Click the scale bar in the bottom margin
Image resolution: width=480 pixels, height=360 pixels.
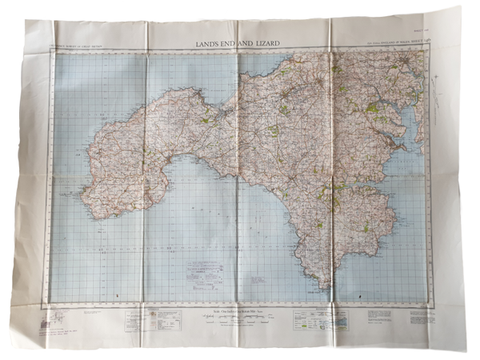coord(240,318)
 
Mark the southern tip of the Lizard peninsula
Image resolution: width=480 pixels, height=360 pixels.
coord(323,287)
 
